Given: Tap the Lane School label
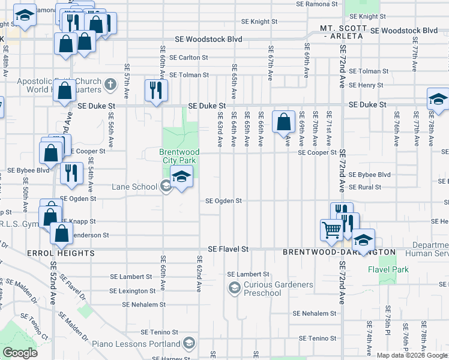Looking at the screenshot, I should [134, 187].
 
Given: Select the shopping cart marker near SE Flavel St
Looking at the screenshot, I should [331, 230].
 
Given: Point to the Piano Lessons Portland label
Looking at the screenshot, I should [136, 344].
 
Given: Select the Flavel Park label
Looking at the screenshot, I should [388, 270].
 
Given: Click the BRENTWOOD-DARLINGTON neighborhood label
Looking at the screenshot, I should [339, 253].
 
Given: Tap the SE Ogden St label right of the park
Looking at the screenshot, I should [223, 201].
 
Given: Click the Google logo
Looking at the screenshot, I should [20, 353].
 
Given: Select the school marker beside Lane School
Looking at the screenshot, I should [181, 177].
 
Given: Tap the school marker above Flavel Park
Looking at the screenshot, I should [363, 240].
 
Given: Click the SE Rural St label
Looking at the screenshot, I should [365, 187].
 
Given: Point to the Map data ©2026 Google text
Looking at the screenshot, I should [412, 355].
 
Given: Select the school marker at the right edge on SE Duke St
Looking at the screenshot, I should [438, 99].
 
